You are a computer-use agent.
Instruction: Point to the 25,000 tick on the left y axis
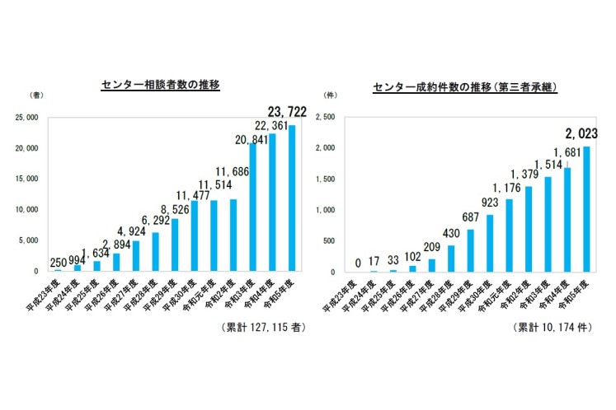(x=26, y=118)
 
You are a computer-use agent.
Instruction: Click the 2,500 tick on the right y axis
(x=325, y=118)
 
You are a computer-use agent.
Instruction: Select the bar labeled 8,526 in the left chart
(x=174, y=245)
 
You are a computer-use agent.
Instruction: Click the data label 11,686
(x=233, y=171)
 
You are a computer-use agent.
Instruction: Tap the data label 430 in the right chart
(x=451, y=234)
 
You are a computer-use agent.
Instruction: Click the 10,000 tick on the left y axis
(x=26, y=210)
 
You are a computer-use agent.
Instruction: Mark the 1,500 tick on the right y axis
(x=325, y=179)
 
